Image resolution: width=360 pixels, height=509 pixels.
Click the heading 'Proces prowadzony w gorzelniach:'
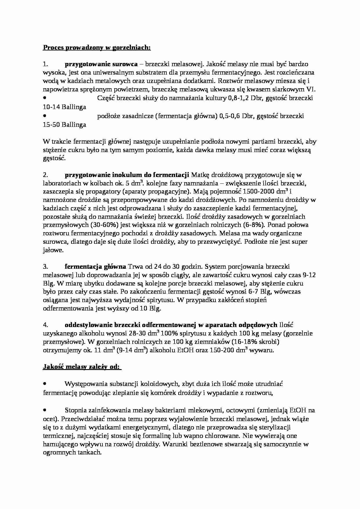pos(97,47)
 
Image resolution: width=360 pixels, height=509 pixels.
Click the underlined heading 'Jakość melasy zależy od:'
pos(81,367)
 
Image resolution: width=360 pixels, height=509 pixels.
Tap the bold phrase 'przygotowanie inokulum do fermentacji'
pos(127,175)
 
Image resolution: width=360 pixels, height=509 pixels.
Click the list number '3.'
pos(45,266)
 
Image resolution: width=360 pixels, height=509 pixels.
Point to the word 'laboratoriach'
pos(61,183)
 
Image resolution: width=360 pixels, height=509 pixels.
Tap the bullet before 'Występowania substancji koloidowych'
pos(45,383)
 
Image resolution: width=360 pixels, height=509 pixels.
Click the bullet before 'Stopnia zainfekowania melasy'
pos(45,410)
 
